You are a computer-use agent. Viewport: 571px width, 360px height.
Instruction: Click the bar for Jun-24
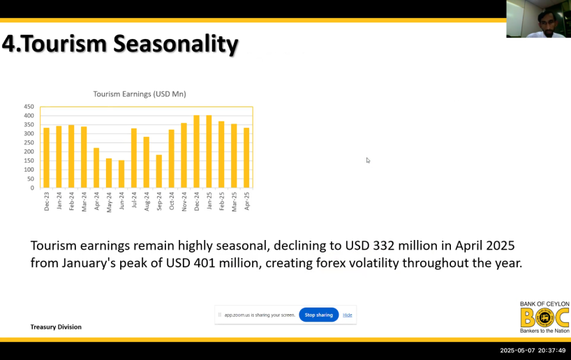[x=121, y=174]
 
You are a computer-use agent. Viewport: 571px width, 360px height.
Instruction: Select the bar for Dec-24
[x=196, y=151]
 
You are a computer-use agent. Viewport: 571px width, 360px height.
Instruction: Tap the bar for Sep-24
[x=158, y=172]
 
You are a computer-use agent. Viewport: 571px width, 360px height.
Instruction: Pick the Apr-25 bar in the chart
[x=246, y=158]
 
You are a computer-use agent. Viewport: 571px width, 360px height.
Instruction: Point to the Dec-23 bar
[x=46, y=158]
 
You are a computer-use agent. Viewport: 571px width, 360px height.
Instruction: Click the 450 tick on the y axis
[x=29, y=107]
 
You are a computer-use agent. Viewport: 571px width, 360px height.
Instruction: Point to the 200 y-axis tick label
[x=29, y=152]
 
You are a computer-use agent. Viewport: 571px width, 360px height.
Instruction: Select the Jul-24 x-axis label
[x=134, y=200]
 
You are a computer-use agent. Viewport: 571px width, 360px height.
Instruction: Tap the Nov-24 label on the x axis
[x=184, y=202]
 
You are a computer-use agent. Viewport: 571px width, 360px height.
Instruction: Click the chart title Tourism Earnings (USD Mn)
[x=140, y=94]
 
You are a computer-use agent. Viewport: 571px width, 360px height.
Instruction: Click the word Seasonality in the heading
[x=175, y=44]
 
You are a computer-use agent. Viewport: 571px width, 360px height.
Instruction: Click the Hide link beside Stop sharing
[x=348, y=315]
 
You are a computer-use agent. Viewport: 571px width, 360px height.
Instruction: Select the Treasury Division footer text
[x=56, y=327]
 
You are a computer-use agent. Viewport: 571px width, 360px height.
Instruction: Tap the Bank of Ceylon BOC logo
[x=544, y=317]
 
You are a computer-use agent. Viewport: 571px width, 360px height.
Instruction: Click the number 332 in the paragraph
[x=384, y=246]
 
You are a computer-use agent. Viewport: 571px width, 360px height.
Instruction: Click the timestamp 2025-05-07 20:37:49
[x=533, y=350]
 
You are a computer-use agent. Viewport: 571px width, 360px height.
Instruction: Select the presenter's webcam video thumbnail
[x=539, y=19]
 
